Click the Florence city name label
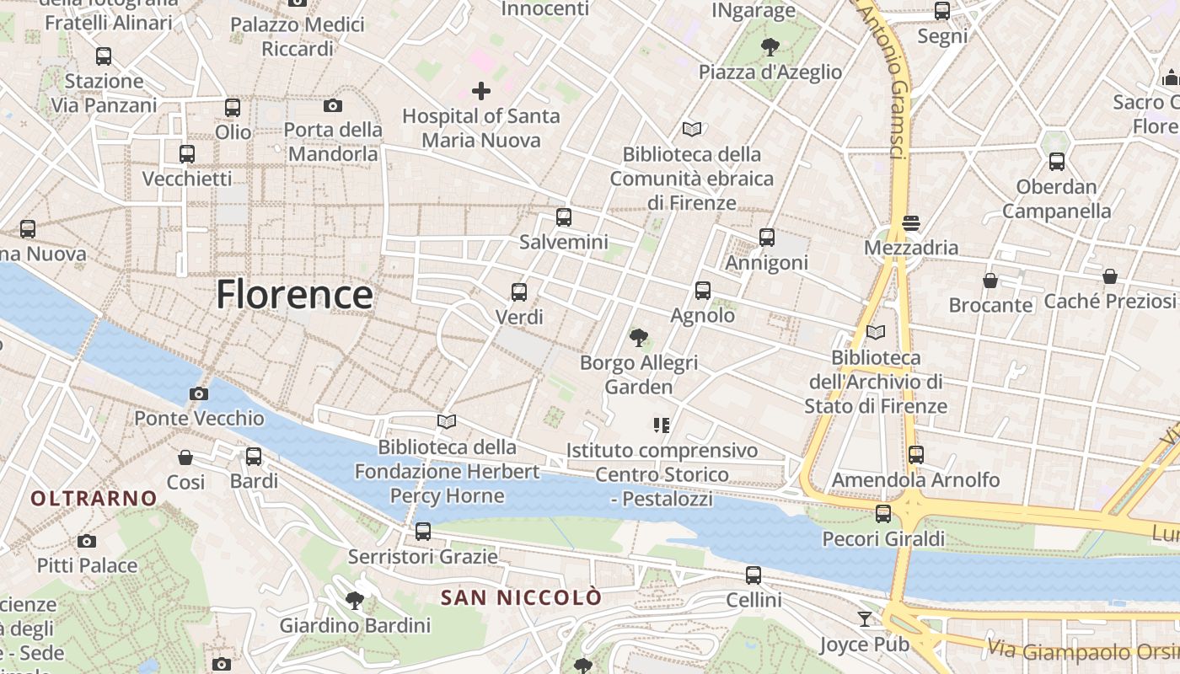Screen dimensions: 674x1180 pyautogui.click(x=294, y=295)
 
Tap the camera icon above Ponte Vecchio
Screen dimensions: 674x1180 pyautogui.click(x=199, y=393)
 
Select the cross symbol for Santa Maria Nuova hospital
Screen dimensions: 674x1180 pyautogui.click(x=481, y=91)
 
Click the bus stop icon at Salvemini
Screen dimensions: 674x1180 pyautogui.click(x=564, y=217)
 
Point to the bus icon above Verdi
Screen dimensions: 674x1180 pyautogui.click(x=519, y=292)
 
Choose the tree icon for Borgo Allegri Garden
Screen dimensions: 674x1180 pyautogui.click(x=639, y=338)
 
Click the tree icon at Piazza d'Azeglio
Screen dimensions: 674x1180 pyautogui.click(x=770, y=47)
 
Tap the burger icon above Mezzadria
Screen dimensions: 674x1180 pyautogui.click(x=910, y=223)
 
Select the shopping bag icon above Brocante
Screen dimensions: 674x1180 pyautogui.click(x=990, y=280)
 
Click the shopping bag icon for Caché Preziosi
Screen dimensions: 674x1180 pyautogui.click(x=1110, y=276)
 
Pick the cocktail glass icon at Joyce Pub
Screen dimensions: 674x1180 pyautogui.click(x=865, y=619)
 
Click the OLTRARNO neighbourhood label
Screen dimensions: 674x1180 pyautogui.click(x=94, y=498)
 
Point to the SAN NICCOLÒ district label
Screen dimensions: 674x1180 pyautogui.click(x=522, y=597)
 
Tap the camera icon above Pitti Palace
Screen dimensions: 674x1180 pyautogui.click(x=86, y=541)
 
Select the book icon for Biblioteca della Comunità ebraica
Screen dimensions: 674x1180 pyautogui.click(x=692, y=129)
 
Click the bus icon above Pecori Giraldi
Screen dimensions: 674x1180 pyautogui.click(x=883, y=513)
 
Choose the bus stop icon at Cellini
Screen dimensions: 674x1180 pyautogui.click(x=754, y=575)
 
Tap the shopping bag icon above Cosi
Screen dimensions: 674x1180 pyautogui.click(x=185, y=457)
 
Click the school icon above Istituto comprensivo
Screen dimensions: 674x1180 pyautogui.click(x=662, y=425)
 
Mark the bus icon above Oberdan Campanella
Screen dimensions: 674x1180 pyautogui.click(x=1057, y=162)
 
